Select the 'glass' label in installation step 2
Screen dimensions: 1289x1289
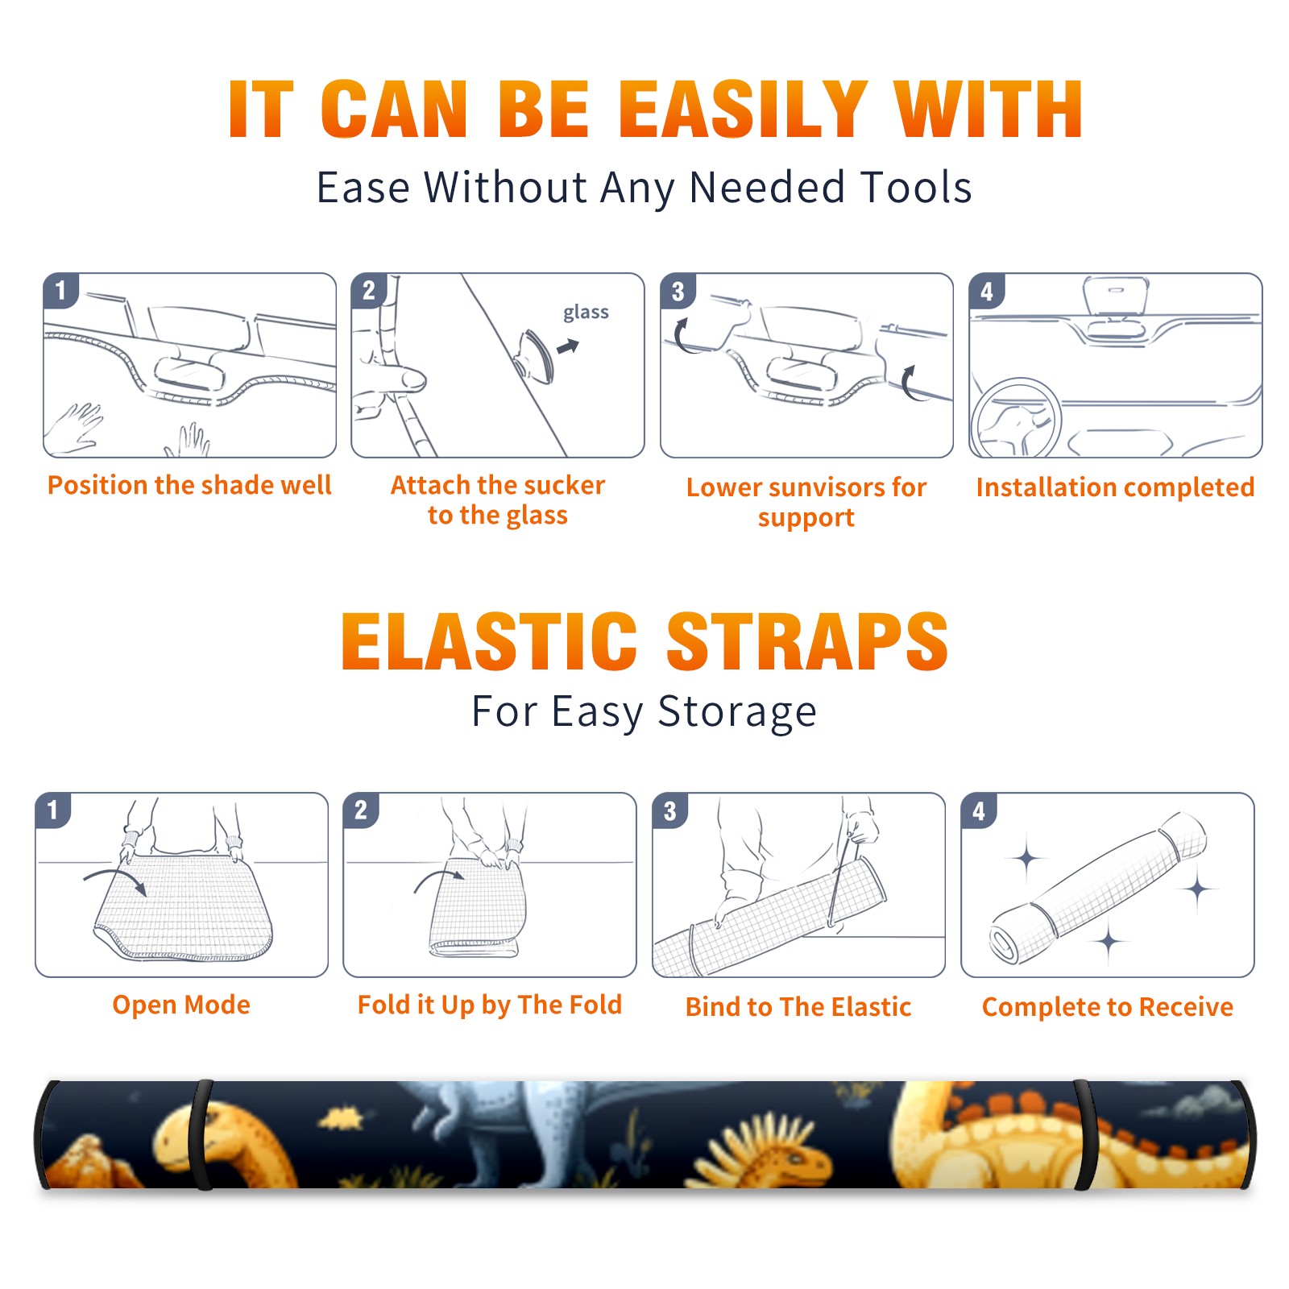(x=586, y=313)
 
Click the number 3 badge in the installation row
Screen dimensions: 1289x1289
(x=678, y=291)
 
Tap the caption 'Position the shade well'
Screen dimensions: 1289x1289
(x=189, y=485)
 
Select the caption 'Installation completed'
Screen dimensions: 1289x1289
(x=1115, y=487)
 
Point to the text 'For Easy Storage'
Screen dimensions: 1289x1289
(x=644, y=712)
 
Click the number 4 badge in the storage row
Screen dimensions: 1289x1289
(x=978, y=810)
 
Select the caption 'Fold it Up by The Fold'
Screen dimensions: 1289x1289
(x=490, y=1005)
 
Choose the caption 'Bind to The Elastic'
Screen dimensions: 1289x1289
(x=798, y=1007)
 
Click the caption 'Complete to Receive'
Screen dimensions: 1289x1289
(x=1108, y=1007)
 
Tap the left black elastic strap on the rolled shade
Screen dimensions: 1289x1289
(x=201, y=1134)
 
